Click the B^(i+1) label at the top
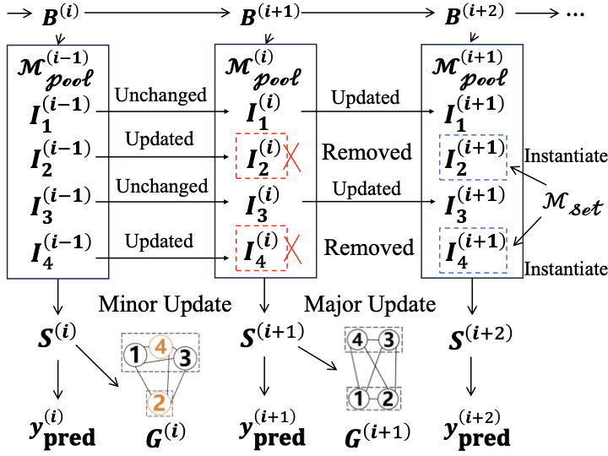269,16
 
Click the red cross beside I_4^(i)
292,248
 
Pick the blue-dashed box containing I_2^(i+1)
471,156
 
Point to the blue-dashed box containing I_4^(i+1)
471,251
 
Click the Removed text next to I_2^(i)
366,153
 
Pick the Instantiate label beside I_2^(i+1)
565,156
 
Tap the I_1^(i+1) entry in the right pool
471,111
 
